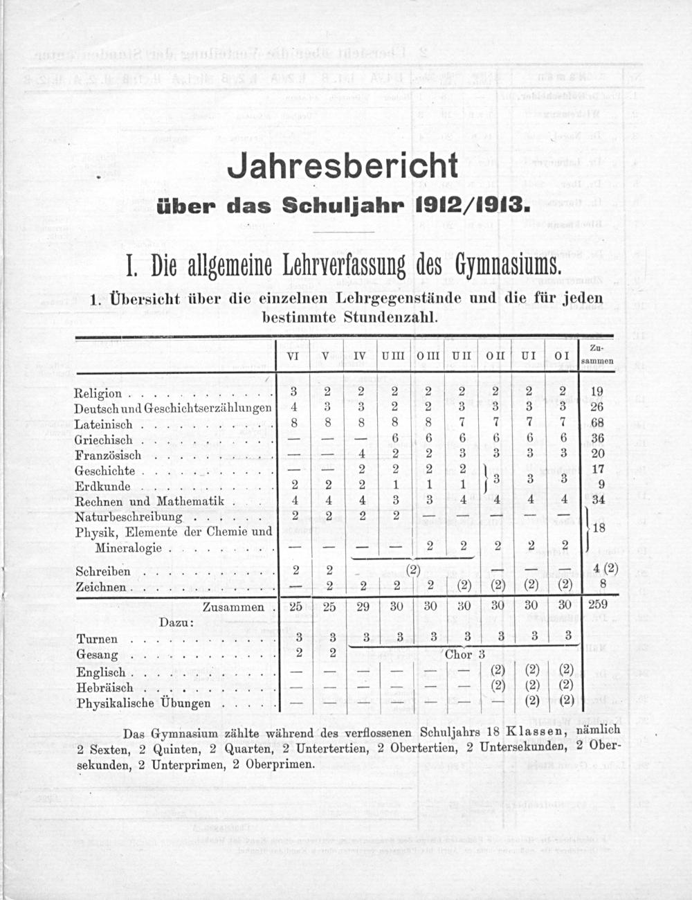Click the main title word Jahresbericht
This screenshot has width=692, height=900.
click(x=343, y=166)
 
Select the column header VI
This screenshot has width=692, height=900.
click(x=293, y=356)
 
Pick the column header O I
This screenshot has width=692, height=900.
click(x=562, y=356)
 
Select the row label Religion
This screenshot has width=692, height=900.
click(x=98, y=393)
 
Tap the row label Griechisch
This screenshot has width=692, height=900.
click(x=103, y=440)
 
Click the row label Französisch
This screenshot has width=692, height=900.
click(x=108, y=455)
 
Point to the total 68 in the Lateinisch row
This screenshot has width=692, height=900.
click(x=597, y=423)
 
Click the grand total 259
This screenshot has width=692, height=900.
click(x=597, y=604)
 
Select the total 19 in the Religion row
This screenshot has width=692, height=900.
click(x=597, y=392)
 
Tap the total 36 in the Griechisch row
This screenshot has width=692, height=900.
click(x=597, y=438)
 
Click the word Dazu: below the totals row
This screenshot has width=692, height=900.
click(x=176, y=622)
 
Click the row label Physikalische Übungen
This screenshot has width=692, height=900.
click(x=144, y=703)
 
